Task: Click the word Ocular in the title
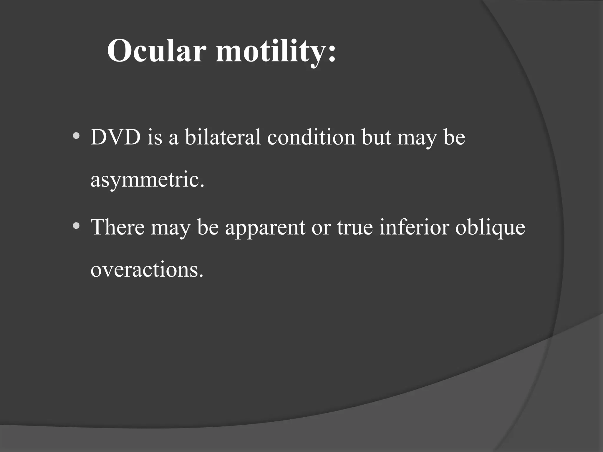coord(155,51)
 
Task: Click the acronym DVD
coord(115,137)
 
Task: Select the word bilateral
coord(223,137)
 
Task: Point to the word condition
coord(311,137)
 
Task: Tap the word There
coord(117,227)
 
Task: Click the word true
coord(355,227)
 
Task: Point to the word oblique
coord(490,228)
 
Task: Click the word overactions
coord(147,270)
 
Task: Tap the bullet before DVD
coord(76,136)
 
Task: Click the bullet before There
coord(76,226)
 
